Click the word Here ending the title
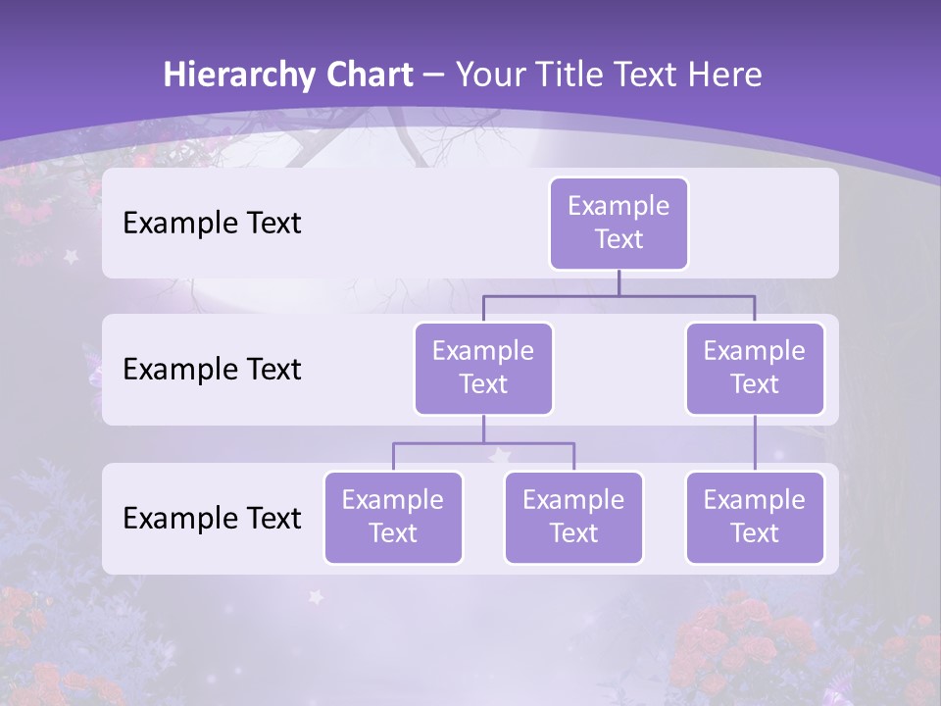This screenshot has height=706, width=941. (725, 75)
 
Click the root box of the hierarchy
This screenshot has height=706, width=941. (619, 223)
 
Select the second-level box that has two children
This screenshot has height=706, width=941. (483, 368)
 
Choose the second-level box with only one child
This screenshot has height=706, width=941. (755, 368)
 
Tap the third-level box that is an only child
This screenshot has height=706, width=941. (755, 517)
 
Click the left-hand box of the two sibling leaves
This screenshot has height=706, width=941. (393, 517)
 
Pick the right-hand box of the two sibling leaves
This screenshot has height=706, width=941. (573, 517)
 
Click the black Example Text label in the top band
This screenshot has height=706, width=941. (212, 223)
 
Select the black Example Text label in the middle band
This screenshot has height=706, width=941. (212, 369)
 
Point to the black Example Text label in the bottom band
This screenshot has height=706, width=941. (212, 518)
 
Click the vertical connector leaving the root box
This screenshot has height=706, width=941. (619, 282)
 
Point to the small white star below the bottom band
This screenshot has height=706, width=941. (316, 595)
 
